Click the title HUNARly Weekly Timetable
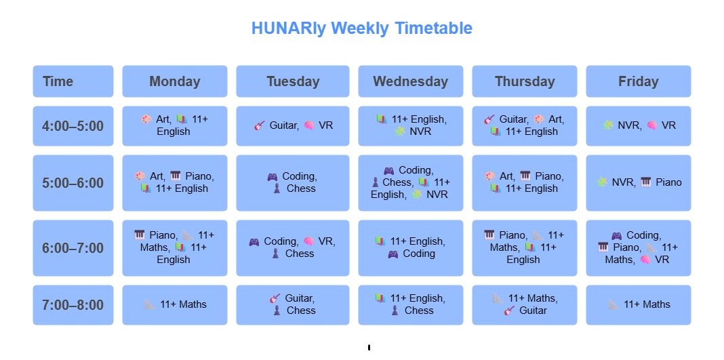(362, 28)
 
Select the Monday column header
(174, 81)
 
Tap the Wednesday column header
(411, 81)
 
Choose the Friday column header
(639, 81)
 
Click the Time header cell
(73, 81)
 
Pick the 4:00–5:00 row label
(73, 126)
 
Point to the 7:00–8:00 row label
(73, 305)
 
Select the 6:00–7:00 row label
(73, 248)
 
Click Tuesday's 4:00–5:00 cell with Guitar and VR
(294, 126)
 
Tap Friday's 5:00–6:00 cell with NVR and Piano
(639, 183)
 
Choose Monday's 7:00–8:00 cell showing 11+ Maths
(174, 305)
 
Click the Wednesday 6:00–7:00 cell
(411, 248)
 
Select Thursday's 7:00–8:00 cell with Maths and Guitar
(525, 305)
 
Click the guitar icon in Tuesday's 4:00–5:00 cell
(260, 125)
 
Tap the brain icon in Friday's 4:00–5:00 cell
(652, 125)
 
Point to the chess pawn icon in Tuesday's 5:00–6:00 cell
(277, 188)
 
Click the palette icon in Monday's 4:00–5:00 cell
(146, 119)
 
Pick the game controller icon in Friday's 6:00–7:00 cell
(616, 235)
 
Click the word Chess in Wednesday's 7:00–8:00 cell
(419, 311)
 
